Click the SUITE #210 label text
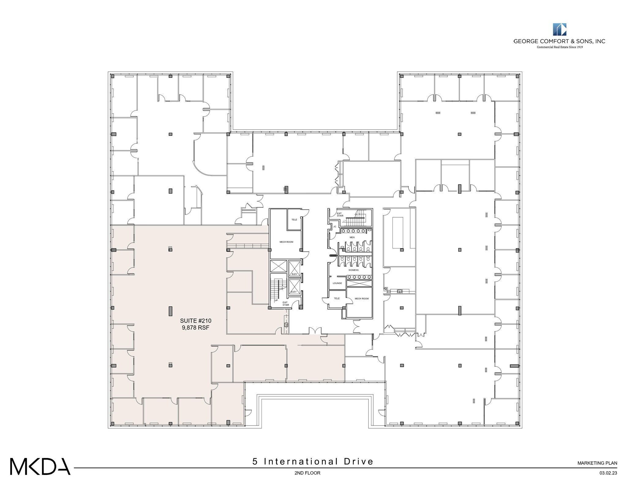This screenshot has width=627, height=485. coord(196,321)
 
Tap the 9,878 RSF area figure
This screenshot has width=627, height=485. coord(196,328)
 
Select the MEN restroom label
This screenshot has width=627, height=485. coord(352,237)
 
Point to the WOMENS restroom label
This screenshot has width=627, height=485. coord(354,270)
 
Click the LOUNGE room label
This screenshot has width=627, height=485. coord(337,283)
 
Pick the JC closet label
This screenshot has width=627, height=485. coord(335,226)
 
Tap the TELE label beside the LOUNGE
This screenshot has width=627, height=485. coord(337,298)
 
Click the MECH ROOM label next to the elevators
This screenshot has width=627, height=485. coord(286,242)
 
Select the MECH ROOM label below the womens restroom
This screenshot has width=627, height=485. coord(362,299)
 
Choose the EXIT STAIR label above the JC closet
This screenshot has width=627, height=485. coord(340,214)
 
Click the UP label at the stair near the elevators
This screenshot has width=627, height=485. coord(276,300)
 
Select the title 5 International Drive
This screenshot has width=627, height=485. coord(313,461)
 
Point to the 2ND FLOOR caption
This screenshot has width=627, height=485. coord(307,473)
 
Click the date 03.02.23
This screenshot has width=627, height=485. coord(608,473)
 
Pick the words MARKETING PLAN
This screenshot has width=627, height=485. coord(597,463)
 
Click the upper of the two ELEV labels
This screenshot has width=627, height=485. coord(295,274)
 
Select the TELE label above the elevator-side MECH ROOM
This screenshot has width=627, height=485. coord(294,220)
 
